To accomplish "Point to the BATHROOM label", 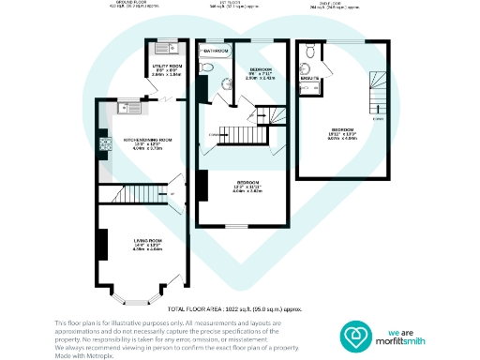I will point(217,49).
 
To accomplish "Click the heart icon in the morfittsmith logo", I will point(357,337).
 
